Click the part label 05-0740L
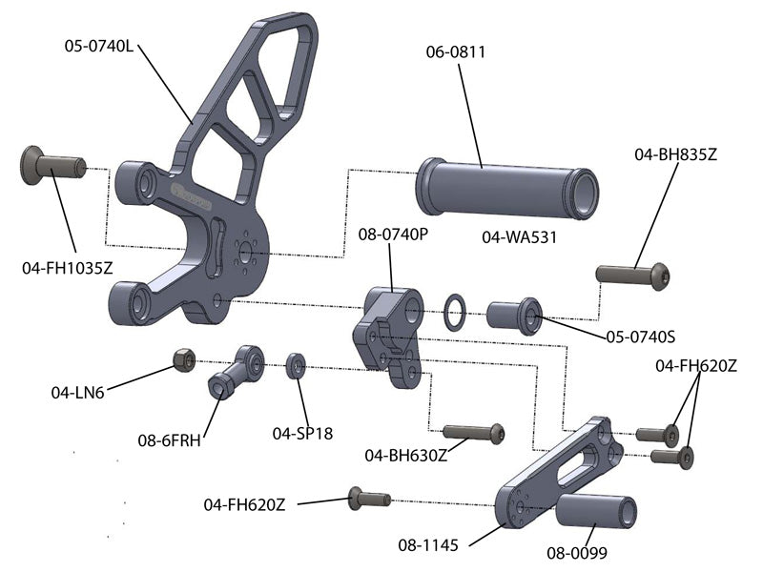click(x=98, y=45)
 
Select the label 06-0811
click(x=456, y=53)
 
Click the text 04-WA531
click(x=519, y=236)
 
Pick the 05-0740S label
click(x=641, y=336)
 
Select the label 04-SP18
click(x=302, y=433)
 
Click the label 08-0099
click(x=577, y=551)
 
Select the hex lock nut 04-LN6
click(x=184, y=358)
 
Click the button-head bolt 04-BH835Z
click(x=633, y=275)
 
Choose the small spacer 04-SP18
click(x=296, y=365)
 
